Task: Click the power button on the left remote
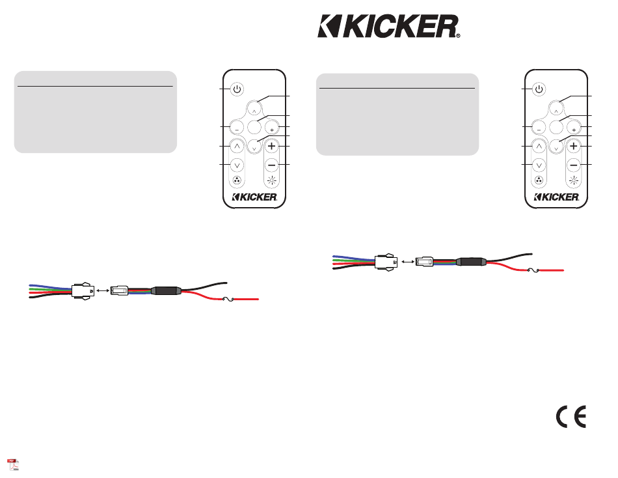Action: click(x=237, y=89)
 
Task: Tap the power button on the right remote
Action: click(x=539, y=89)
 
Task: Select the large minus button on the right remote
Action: click(x=574, y=165)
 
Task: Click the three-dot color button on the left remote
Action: click(x=237, y=180)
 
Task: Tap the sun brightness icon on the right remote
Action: click(x=574, y=181)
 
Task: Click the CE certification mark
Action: click(x=571, y=416)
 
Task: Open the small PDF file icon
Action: click(x=14, y=464)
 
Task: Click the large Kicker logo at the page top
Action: click(x=388, y=27)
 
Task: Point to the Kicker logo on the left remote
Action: click(x=254, y=197)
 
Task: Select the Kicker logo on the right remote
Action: click(x=556, y=197)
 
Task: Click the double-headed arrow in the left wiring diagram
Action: click(x=103, y=291)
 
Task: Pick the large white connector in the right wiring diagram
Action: click(x=386, y=262)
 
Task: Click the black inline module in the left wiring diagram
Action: click(x=166, y=291)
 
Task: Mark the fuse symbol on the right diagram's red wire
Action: click(x=533, y=270)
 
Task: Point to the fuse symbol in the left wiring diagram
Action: click(x=228, y=299)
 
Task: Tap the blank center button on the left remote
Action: click(x=254, y=127)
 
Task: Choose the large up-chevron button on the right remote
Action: click(x=539, y=147)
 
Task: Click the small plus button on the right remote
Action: click(x=574, y=128)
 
